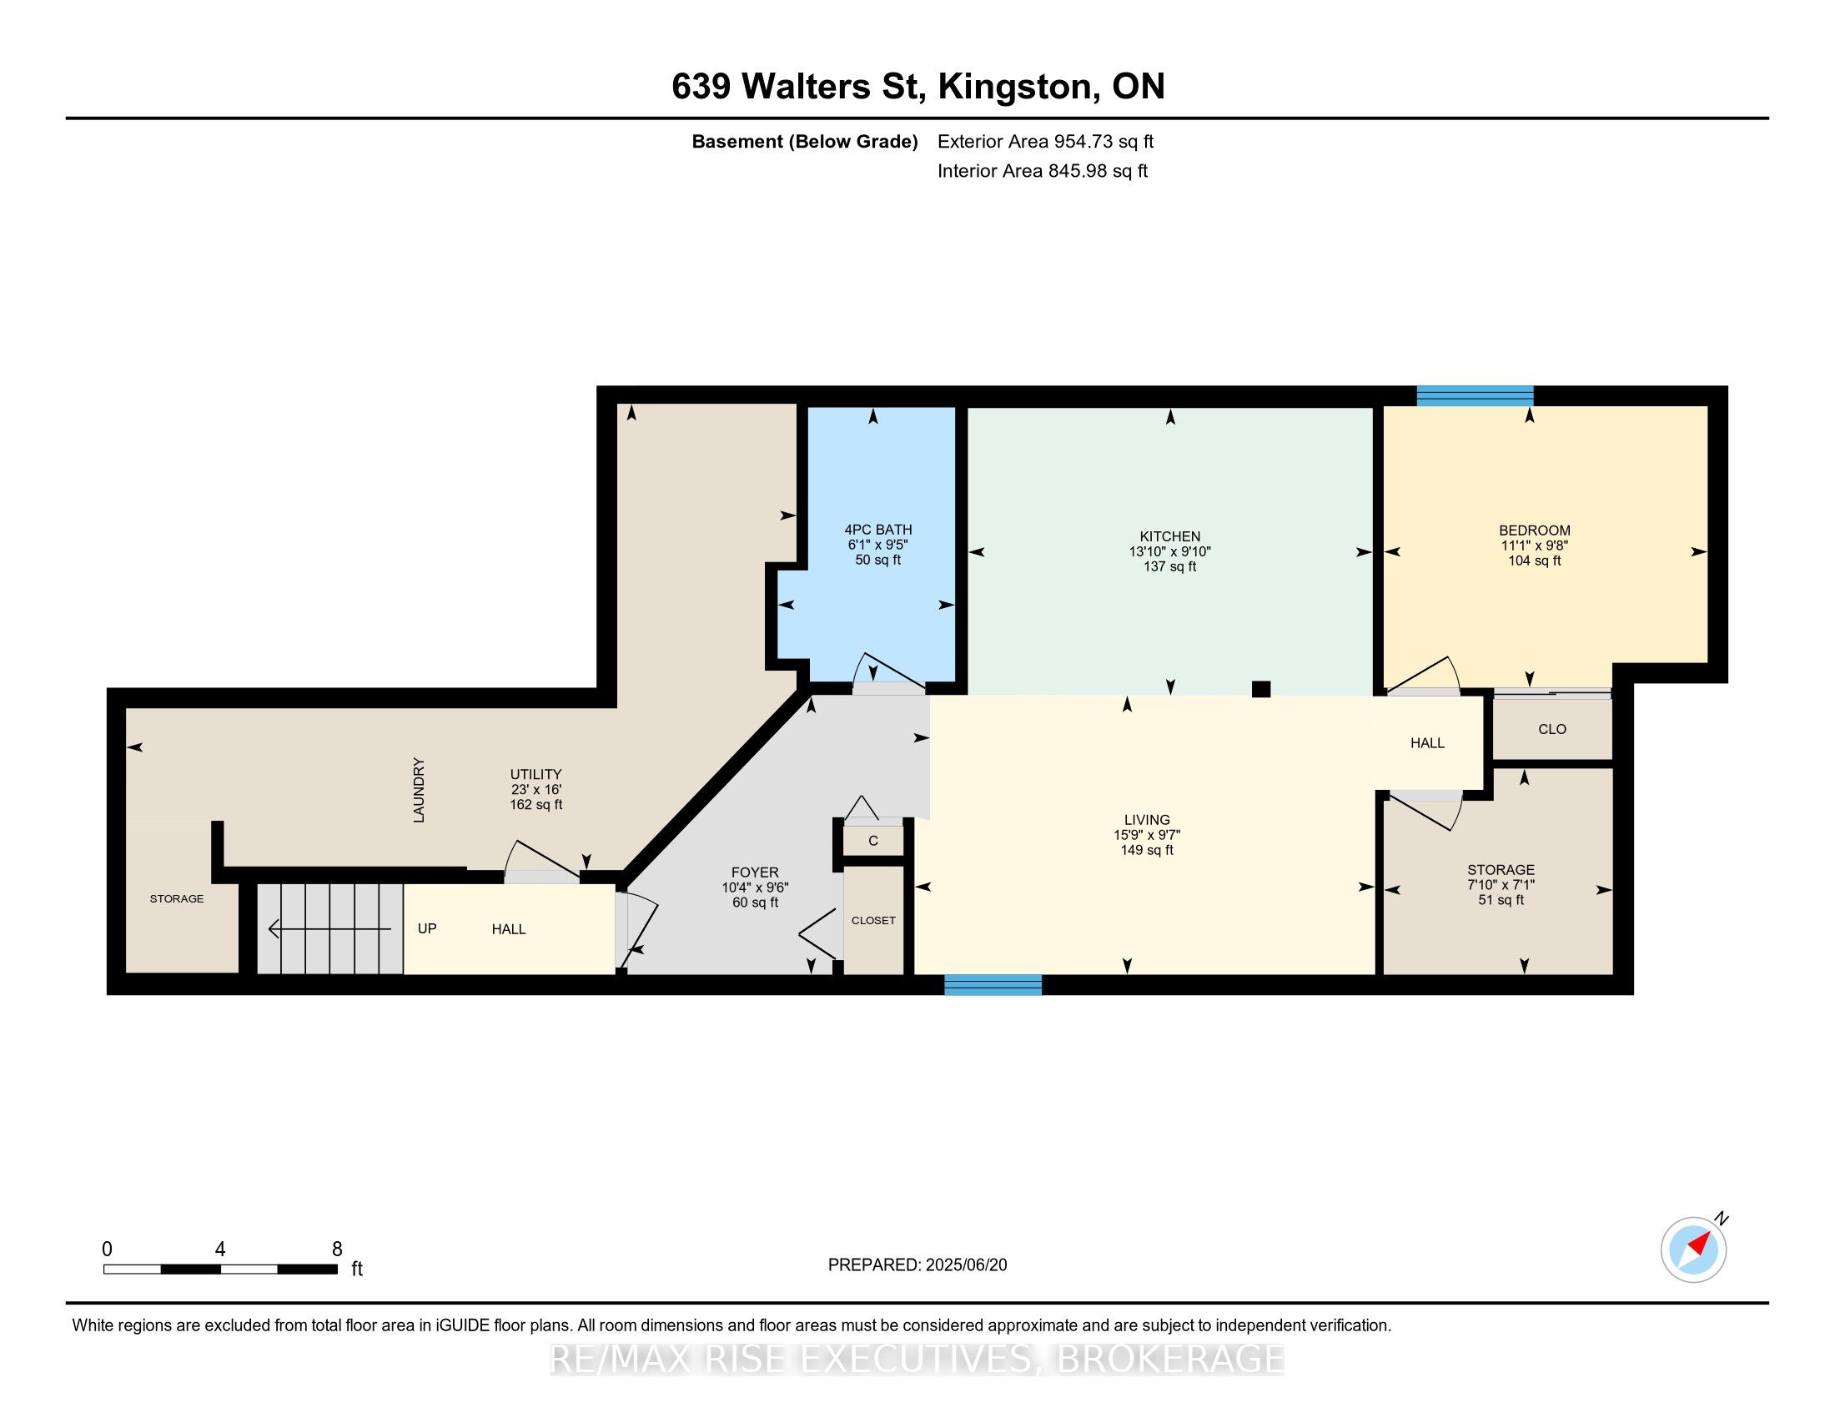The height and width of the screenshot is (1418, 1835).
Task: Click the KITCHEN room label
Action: (1169, 536)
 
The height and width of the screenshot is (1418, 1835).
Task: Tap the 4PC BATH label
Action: (878, 529)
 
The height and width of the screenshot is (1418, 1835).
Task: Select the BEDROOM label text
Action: (1534, 530)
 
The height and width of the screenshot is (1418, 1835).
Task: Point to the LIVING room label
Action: (1147, 819)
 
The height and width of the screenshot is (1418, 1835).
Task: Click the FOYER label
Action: (755, 872)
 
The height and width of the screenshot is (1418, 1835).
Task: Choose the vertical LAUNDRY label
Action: (420, 790)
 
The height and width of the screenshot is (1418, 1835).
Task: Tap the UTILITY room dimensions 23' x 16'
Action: (536, 790)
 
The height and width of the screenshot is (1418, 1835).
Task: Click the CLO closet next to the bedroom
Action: (1552, 729)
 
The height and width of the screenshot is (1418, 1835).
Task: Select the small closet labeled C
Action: (873, 840)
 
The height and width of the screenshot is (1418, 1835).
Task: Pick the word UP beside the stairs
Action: (427, 928)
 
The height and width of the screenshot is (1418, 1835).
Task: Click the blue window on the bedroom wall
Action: (1475, 395)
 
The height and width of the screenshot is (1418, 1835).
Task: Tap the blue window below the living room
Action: (993, 984)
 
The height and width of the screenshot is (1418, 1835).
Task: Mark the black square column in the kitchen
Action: (1260, 689)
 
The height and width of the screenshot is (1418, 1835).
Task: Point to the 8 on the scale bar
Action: (337, 1250)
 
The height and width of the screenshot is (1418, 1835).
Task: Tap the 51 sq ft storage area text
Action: (1501, 900)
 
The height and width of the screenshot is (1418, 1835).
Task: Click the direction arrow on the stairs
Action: (330, 928)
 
